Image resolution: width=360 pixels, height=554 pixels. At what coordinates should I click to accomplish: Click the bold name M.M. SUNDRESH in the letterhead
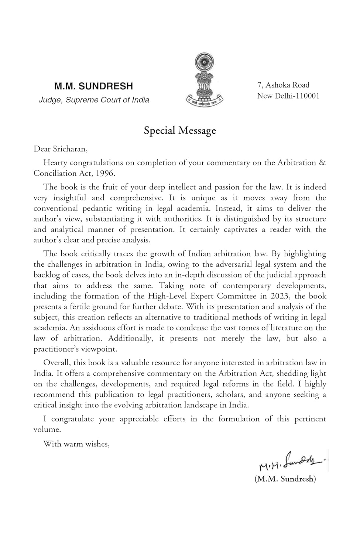[93, 86]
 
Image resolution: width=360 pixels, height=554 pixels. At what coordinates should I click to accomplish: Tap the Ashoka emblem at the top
[204, 80]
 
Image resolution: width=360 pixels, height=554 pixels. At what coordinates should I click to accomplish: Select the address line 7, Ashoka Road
[283, 85]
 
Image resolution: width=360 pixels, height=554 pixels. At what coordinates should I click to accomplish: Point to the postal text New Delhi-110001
[288, 96]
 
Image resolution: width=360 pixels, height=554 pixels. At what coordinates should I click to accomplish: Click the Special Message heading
[180, 131]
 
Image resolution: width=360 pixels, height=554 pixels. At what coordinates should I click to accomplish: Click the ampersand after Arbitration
[322, 163]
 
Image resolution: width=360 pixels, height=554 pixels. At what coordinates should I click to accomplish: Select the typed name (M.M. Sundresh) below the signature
[285, 479]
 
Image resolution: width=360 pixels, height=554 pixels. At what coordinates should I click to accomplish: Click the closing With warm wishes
[76, 444]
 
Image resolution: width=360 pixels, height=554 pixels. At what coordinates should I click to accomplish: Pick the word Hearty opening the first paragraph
[55, 163]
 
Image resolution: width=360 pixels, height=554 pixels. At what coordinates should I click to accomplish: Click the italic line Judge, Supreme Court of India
[94, 100]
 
